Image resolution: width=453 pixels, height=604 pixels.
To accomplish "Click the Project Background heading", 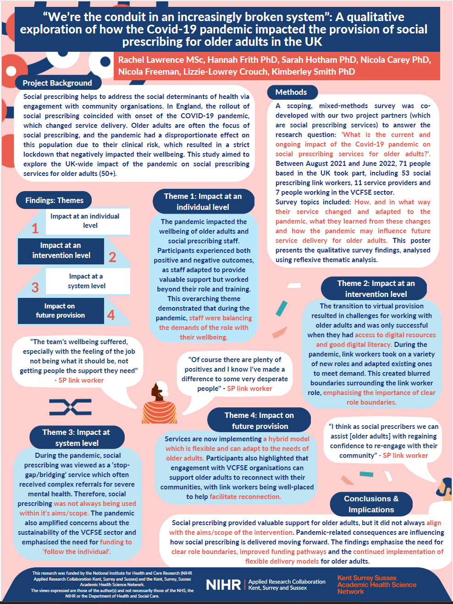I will [x=57, y=83].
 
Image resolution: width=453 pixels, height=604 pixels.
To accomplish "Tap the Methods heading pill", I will [x=291, y=92].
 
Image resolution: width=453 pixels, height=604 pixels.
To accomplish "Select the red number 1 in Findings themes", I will [x=35, y=228].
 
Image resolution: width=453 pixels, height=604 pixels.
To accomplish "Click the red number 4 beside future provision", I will [x=111, y=315].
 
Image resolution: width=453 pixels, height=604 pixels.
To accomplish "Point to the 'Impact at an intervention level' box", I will [x=61, y=251].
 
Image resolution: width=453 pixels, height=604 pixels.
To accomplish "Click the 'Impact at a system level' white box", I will [x=87, y=281].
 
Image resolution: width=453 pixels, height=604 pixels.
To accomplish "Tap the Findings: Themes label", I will [x=54, y=200].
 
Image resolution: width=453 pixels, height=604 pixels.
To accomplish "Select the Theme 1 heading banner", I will [x=203, y=202].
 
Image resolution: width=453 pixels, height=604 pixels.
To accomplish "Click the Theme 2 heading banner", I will [x=376, y=289].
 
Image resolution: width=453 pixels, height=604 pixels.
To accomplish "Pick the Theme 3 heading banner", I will [x=76, y=438].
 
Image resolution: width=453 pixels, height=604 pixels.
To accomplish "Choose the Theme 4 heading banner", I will [x=259, y=421].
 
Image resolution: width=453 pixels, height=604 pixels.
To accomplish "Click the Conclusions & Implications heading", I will [x=371, y=504].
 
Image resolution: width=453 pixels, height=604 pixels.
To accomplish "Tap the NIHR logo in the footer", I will [x=223, y=585].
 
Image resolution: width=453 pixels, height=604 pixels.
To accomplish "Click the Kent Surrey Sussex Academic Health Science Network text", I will [x=376, y=585].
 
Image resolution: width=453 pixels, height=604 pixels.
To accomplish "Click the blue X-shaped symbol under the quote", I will [x=70, y=407].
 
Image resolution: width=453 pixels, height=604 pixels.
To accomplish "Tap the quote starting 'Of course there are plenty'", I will [x=235, y=374].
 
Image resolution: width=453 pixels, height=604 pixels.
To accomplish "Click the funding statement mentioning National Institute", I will [x=112, y=579].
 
